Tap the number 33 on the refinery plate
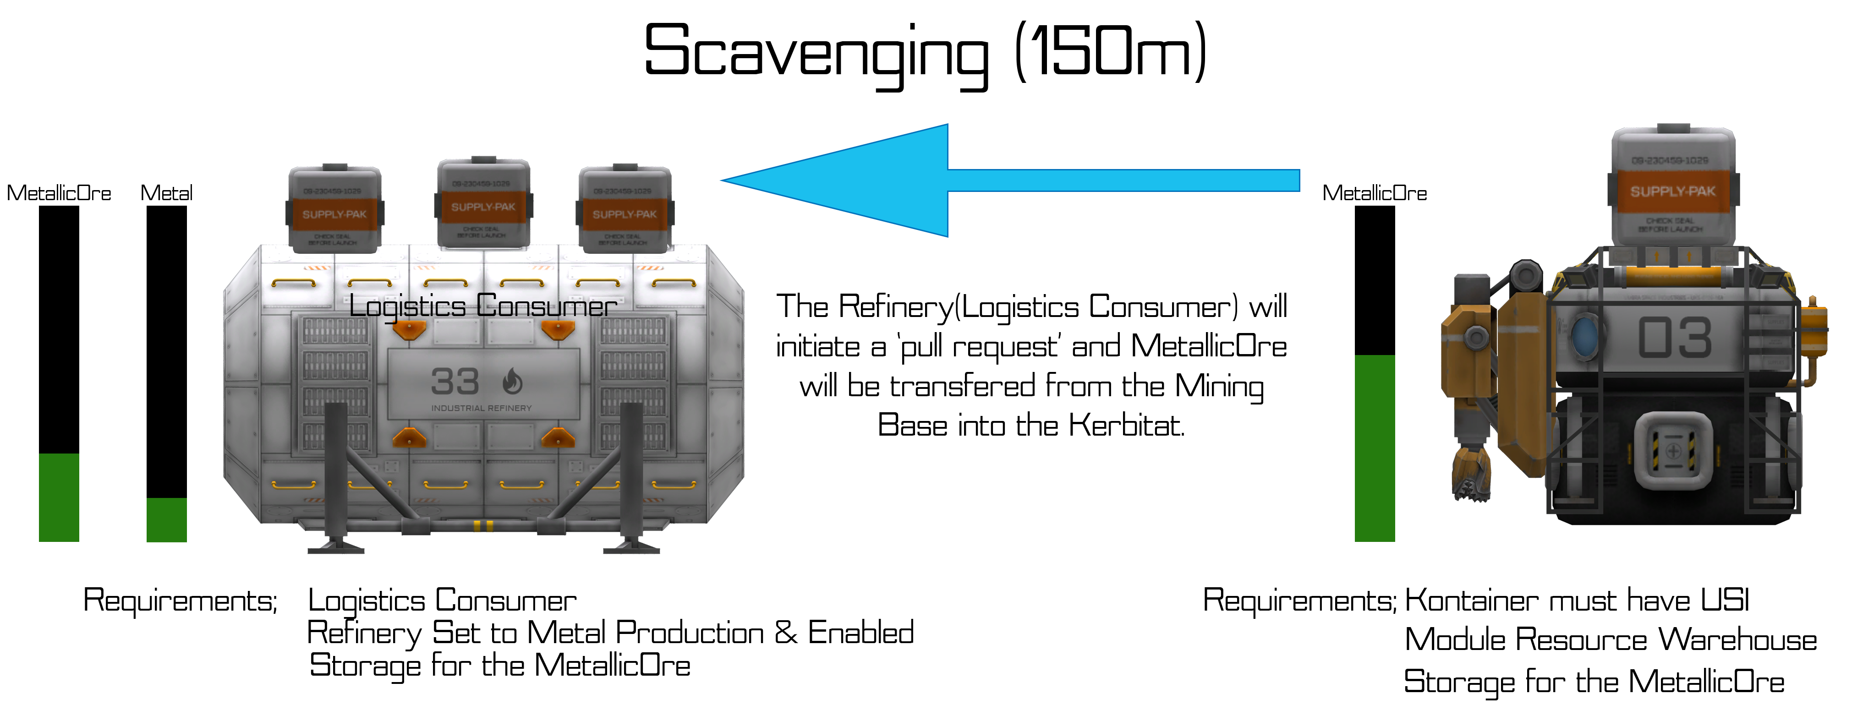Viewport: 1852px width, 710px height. coord(455,382)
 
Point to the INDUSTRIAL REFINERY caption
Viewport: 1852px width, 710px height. coord(481,408)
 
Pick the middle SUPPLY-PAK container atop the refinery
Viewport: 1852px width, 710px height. coord(483,204)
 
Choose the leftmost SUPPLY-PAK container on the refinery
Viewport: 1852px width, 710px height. coord(334,210)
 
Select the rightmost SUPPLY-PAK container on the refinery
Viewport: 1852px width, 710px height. coord(624,210)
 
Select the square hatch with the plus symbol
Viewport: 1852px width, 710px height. coord(1673,451)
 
